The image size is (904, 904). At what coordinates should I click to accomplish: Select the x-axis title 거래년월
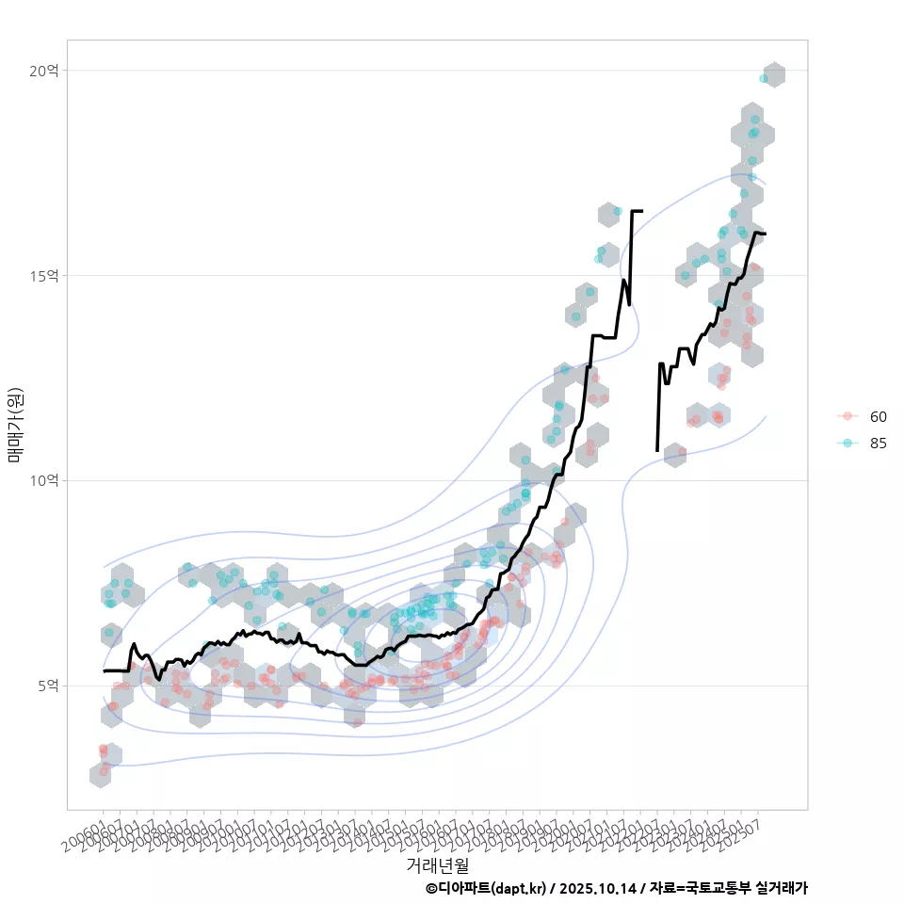437,864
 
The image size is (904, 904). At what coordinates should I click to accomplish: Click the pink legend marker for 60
847,416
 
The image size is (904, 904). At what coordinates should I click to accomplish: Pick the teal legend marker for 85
847,444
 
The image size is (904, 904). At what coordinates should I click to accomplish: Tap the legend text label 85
879,444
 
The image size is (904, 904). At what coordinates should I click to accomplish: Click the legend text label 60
879,416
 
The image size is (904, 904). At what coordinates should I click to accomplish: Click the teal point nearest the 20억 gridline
764,78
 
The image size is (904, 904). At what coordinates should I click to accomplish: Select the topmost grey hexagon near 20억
774,75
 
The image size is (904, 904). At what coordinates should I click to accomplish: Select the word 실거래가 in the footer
781,888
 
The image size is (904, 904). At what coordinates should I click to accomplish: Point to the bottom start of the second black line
657,450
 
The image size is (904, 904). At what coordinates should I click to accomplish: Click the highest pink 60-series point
754,267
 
